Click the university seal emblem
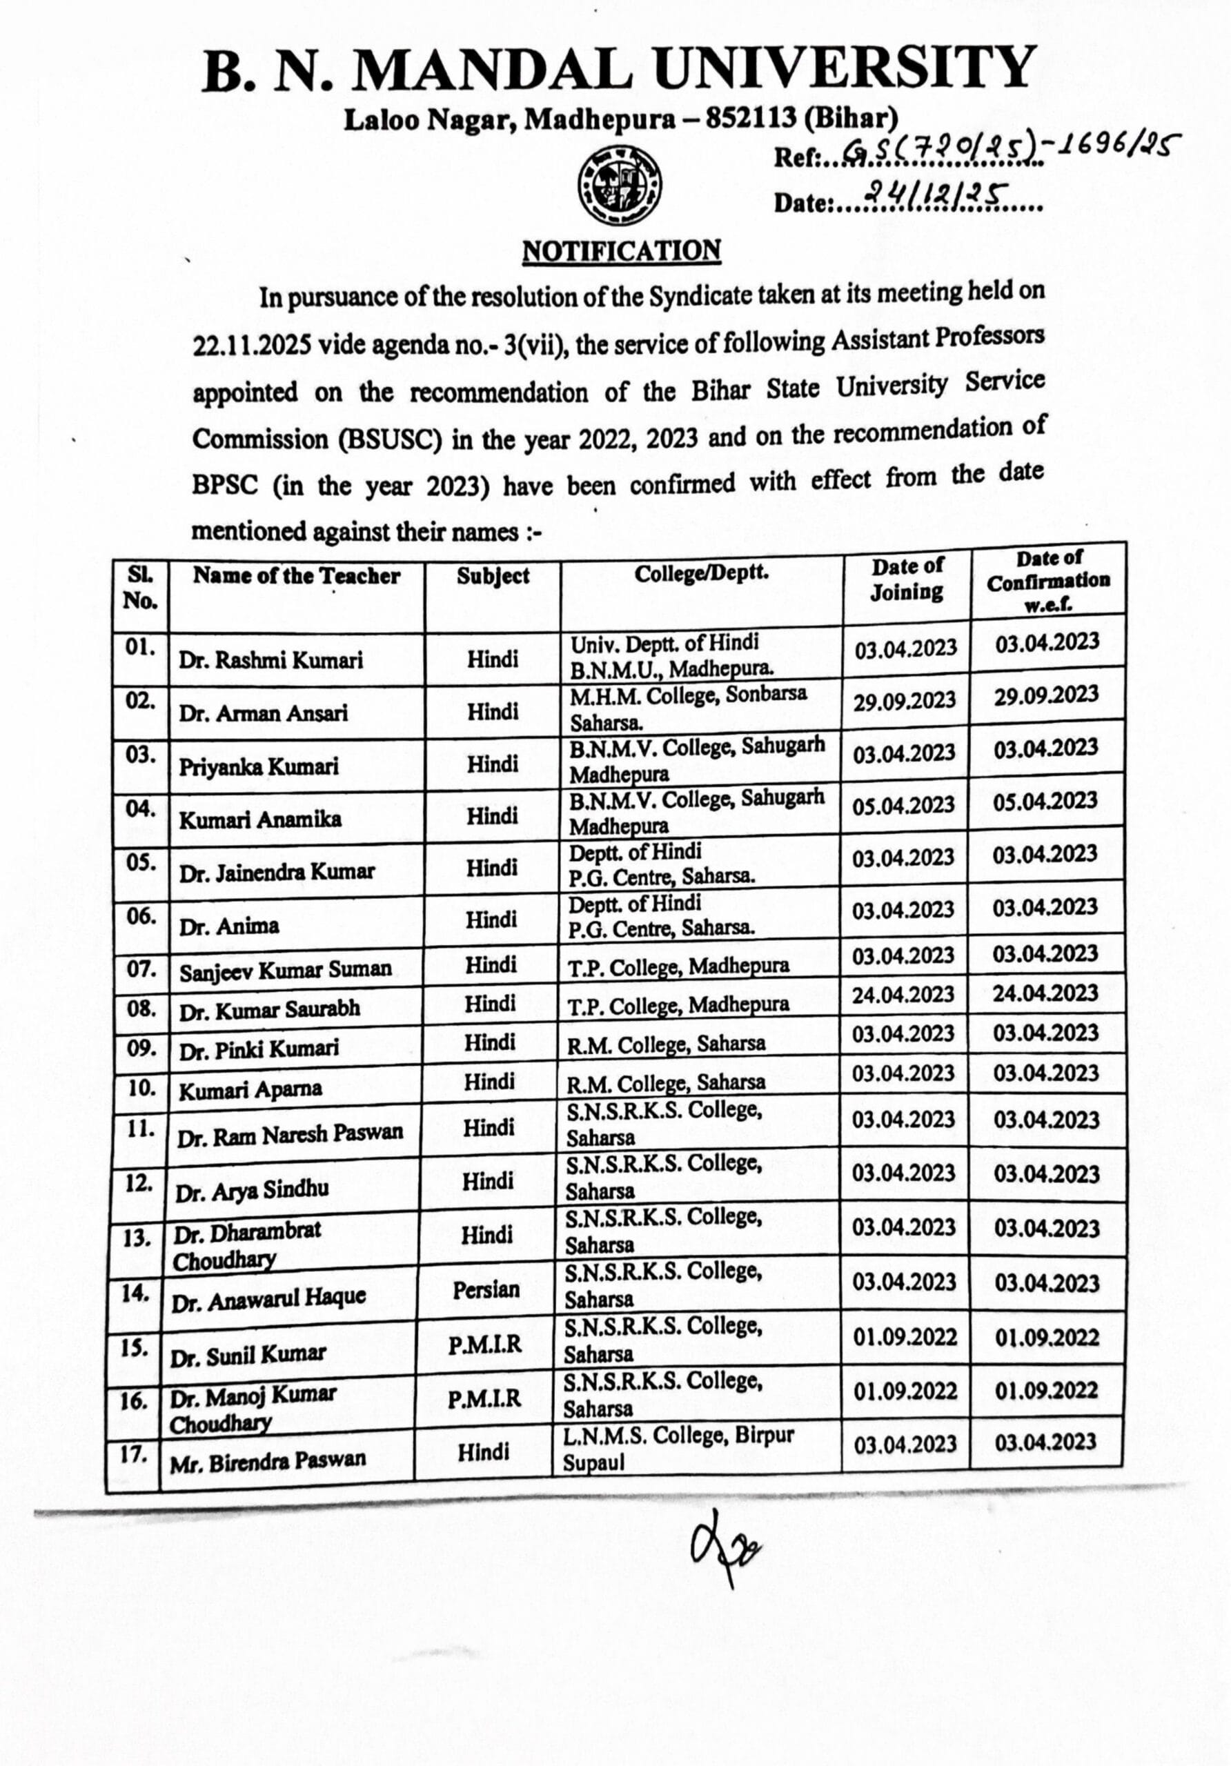coord(620,185)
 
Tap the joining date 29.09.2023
coord(905,701)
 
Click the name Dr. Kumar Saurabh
coord(269,1009)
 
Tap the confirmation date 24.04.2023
coord(1045,993)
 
